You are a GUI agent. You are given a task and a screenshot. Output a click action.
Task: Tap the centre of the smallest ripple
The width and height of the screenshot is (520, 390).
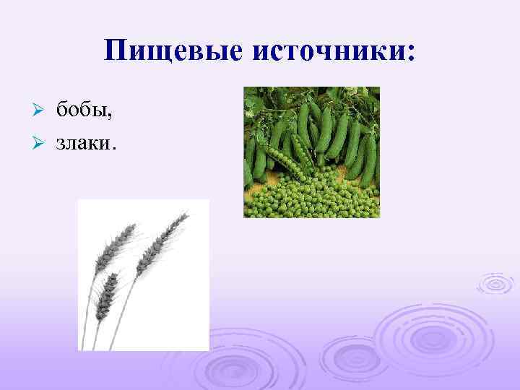[495, 285]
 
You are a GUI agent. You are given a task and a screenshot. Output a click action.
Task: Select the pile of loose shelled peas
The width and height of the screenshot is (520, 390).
[311, 195]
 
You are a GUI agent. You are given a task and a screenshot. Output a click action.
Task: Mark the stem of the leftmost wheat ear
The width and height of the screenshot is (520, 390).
[91, 303]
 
